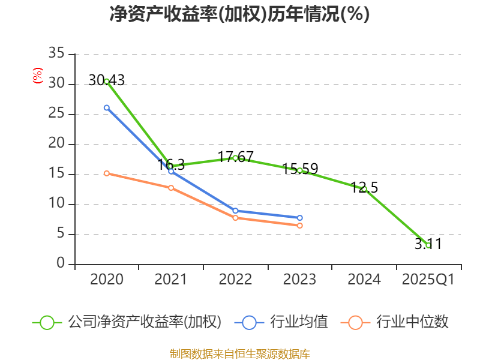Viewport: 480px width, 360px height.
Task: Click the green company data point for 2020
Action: (107, 81)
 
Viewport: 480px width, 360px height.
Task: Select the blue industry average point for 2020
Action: (107, 108)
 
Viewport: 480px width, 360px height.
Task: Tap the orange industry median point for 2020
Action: (107, 173)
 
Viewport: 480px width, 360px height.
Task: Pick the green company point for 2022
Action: (235, 158)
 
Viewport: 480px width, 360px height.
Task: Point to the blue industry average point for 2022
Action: (235, 211)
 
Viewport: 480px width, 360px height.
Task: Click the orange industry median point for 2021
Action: (171, 188)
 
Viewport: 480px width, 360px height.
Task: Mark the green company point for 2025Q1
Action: (428, 245)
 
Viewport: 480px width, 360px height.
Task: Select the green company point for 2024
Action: (364, 189)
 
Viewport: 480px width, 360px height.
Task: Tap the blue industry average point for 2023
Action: (299, 218)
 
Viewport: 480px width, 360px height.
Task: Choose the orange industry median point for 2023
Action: (299, 226)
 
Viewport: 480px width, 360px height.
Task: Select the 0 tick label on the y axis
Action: (61, 264)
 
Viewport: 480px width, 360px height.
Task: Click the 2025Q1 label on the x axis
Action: (428, 280)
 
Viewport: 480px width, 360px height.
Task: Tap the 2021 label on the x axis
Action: (171, 280)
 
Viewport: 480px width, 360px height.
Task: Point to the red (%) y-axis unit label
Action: (38, 76)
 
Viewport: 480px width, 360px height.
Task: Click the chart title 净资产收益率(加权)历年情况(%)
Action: (239, 14)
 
